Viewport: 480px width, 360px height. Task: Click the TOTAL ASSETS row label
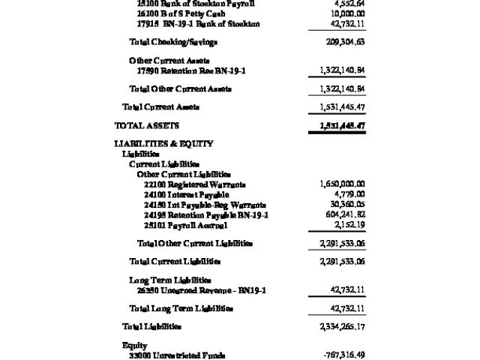(x=146, y=125)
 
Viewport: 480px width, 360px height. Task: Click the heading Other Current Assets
(x=169, y=60)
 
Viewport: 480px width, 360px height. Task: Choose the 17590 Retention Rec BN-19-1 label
(x=191, y=70)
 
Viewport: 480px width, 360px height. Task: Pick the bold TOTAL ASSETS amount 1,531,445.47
(x=337, y=125)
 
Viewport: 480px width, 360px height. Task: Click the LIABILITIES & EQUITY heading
(x=163, y=143)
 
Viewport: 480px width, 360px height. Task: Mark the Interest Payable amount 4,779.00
(x=347, y=194)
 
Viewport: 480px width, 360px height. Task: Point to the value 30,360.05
(x=344, y=205)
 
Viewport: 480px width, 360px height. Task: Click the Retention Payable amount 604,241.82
(x=342, y=215)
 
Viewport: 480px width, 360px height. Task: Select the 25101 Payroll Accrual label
(x=185, y=225)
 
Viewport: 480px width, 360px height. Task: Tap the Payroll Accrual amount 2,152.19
(x=347, y=225)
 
